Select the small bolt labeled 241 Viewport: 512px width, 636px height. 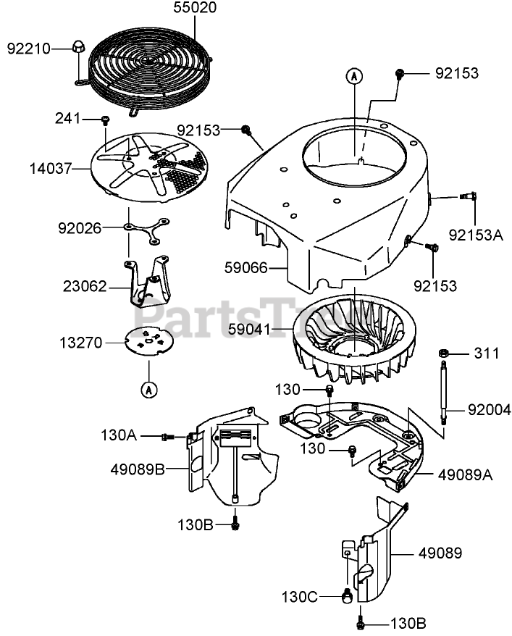tap(106, 119)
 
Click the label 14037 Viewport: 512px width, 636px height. tap(50, 169)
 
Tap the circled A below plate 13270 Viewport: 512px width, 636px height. tap(148, 390)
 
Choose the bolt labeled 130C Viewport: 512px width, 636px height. tap(347, 596)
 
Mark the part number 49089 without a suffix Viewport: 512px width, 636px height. tap(439, 553)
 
